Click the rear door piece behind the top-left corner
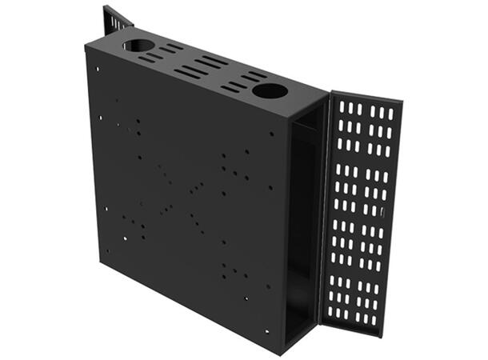pos(117,20)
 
